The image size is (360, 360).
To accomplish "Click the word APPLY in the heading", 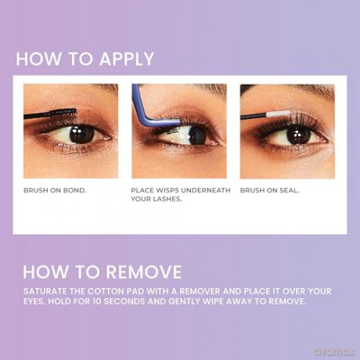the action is click(x=127, y=59).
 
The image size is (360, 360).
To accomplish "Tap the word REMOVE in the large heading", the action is click(x=143, y=272).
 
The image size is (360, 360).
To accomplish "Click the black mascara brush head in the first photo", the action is click(x=63, y=112).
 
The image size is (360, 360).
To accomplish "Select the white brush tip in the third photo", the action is click(x=279, y=113).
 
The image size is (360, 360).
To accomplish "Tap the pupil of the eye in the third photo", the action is click(x=299, y=135).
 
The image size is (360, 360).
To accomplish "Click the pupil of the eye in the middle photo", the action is click(x=197, y=135).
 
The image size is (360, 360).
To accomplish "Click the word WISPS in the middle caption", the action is click(x=167, y=191).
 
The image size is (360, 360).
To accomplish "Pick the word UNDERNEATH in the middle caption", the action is click(x=205, y=191).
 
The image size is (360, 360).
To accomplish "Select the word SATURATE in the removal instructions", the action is click(x=45, y=291).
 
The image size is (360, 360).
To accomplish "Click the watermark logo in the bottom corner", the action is click(x=335, y=352).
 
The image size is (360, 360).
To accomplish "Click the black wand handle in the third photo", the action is click(x=254, y=116).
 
